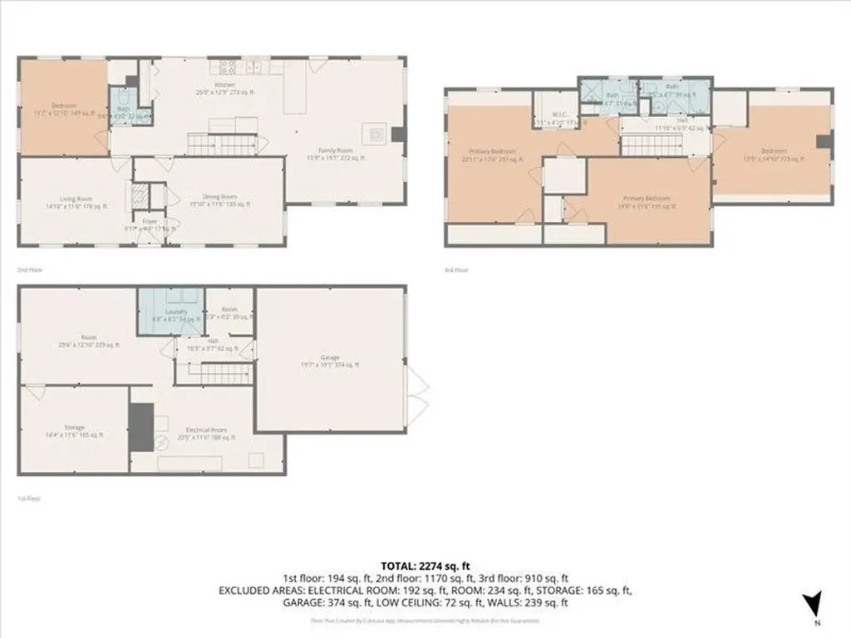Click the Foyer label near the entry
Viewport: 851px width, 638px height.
(x=150, y=223)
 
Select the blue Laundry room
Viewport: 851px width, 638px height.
(x=171, y=310)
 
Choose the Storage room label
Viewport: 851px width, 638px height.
(x=74, y=431)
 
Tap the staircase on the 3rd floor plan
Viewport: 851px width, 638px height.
(x=652, y=146)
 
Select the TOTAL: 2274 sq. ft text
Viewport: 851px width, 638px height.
(x=425, y=566)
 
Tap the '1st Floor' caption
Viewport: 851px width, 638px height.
(x=29, y=498)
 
